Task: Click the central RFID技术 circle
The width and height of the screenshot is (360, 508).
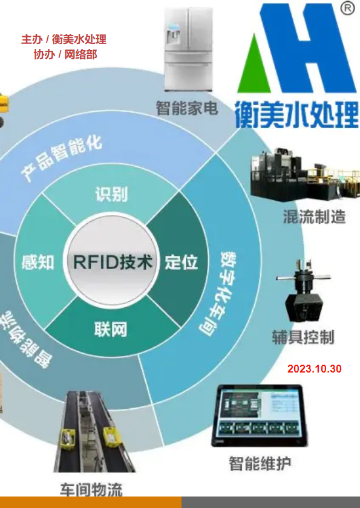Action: [x=112, y=261]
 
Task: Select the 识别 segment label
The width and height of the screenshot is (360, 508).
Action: [x=111, y=194]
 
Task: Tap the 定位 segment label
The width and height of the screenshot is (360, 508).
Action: [x=181, y=262]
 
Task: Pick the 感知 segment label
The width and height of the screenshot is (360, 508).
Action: [x=38, y=262]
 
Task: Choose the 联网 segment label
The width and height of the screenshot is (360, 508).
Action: [x=111, y=330]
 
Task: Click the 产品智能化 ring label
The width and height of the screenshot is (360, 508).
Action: [x=62, y=158]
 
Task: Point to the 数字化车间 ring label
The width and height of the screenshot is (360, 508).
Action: [x=218, y=293]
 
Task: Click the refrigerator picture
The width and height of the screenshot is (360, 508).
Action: [x=188, y=49]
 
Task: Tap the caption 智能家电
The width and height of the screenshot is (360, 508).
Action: [x=187, y=108]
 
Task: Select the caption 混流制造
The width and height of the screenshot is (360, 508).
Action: [x=314, y=217]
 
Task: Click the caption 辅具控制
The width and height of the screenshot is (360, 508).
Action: [x=303, y=337]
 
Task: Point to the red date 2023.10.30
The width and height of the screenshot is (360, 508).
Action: [x=314, y=369]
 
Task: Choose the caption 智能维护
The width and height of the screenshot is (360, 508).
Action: [x=260, y=463]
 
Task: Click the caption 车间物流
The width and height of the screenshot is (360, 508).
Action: [x=91, y=489]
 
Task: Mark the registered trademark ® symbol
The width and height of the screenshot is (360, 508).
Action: [x=347, y=8]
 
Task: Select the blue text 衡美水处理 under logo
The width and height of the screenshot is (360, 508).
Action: [x=296, y=114]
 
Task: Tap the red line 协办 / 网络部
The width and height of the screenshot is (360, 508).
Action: [x=65, y=54]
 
